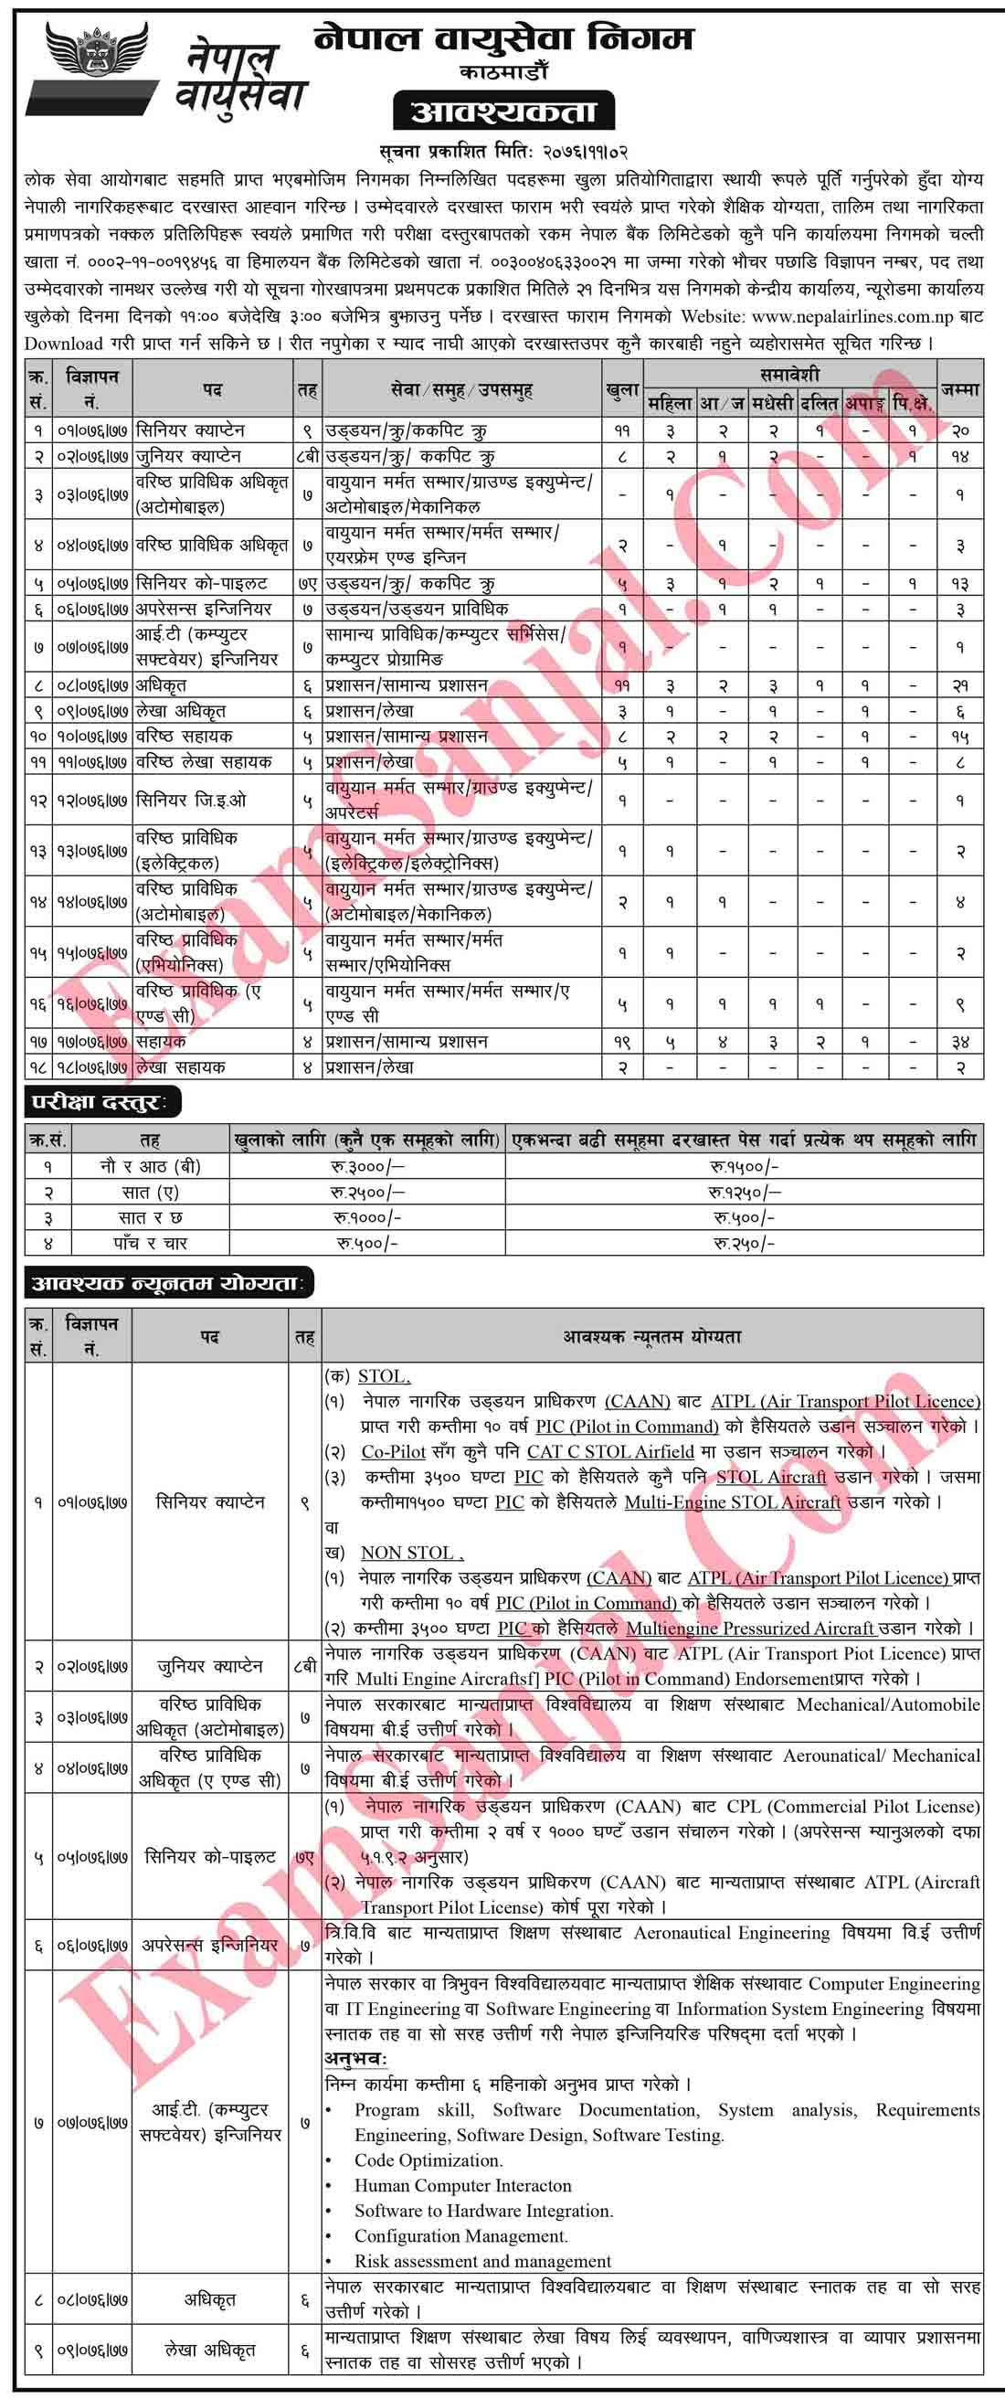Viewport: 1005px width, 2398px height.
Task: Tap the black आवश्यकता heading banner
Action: (x=503, y=112)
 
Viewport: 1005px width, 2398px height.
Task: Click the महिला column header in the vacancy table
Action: (x=669, y=403)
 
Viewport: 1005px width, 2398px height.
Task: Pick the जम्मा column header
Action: (x=959, y=389)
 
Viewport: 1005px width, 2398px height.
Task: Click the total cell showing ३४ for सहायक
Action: (x=959, y=1043)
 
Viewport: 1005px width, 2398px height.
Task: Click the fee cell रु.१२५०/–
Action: (x=745, y=1193)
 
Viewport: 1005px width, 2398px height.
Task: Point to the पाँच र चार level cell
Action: (x=150, y=1243)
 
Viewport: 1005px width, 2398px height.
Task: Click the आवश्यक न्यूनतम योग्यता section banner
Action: (x=168, y=1284)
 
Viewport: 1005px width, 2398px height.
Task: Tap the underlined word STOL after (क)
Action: (x=384, y=1376)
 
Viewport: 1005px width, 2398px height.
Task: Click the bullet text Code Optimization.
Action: (x=428, y=2159)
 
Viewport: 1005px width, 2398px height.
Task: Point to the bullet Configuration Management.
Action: (x=460, y=2235)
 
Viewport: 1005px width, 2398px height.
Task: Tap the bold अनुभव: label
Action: (x=355, y=2058)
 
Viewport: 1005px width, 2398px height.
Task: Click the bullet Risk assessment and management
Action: (x=482, y=2260)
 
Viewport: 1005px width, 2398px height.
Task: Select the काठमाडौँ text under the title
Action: (x=503, y=71)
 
